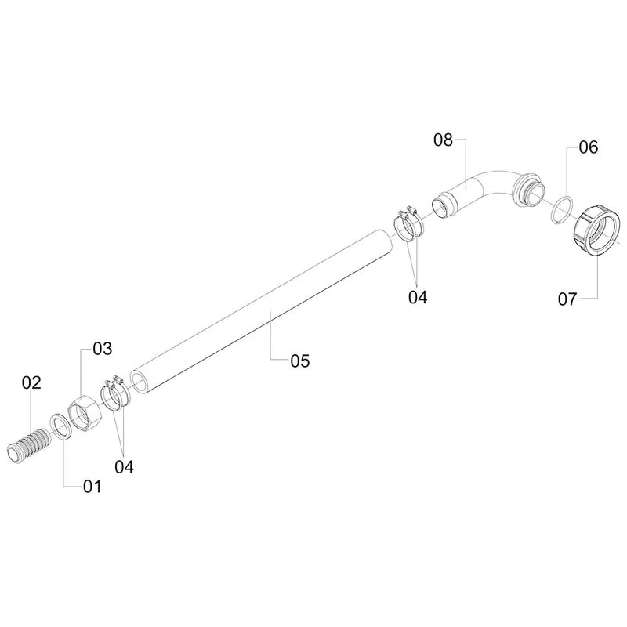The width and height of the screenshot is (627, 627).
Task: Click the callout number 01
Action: click(x=92, y=487)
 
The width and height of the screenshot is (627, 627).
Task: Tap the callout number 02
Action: click(x=31, y=382)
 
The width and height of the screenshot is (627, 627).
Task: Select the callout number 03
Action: click(x=103, y=349)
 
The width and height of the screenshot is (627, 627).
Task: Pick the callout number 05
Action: click(x=300, y=361)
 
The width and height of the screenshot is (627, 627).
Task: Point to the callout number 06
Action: click(x=589, y=147)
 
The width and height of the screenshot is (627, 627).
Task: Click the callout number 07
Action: click(x=567, y=299)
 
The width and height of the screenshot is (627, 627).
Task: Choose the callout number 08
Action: click(x=443, y=140)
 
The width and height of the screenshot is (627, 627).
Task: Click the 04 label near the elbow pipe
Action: click(x=418, y=297)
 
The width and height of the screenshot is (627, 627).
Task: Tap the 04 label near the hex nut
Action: click(x=124, y=466)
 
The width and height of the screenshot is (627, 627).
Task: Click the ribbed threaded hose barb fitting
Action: click(x=28, y=446)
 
